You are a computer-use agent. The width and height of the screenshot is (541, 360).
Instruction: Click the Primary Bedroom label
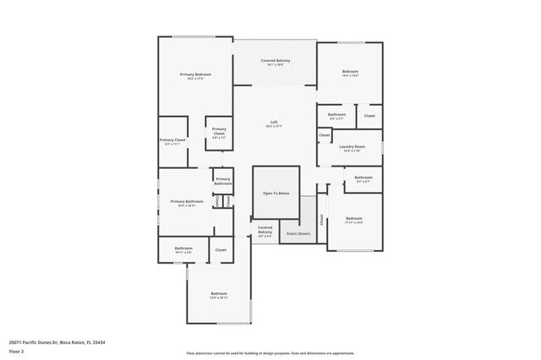195,74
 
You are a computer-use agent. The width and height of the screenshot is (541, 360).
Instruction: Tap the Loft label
274,122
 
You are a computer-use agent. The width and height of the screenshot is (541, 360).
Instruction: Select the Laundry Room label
352,147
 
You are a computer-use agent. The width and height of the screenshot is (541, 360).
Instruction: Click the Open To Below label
276,194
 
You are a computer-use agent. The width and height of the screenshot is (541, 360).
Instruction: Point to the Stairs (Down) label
298,233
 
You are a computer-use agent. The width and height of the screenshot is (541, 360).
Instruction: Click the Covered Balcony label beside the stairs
265,229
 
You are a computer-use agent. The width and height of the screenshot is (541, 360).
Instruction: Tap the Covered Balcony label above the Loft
275,61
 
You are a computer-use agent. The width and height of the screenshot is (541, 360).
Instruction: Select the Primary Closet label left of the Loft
219,131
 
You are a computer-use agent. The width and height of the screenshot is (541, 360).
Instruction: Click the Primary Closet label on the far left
172,140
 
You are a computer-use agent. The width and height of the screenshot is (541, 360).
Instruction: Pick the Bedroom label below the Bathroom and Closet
219,293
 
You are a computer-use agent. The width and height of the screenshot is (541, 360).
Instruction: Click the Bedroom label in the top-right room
350,72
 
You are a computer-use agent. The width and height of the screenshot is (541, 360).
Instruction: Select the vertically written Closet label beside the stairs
322,219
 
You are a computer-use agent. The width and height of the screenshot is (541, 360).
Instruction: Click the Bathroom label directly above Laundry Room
336,114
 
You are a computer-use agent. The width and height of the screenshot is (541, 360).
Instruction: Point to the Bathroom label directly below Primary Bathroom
183,248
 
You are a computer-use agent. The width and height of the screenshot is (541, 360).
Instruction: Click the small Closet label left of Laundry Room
325,135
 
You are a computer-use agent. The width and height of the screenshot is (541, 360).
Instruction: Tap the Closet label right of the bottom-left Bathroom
221,250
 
